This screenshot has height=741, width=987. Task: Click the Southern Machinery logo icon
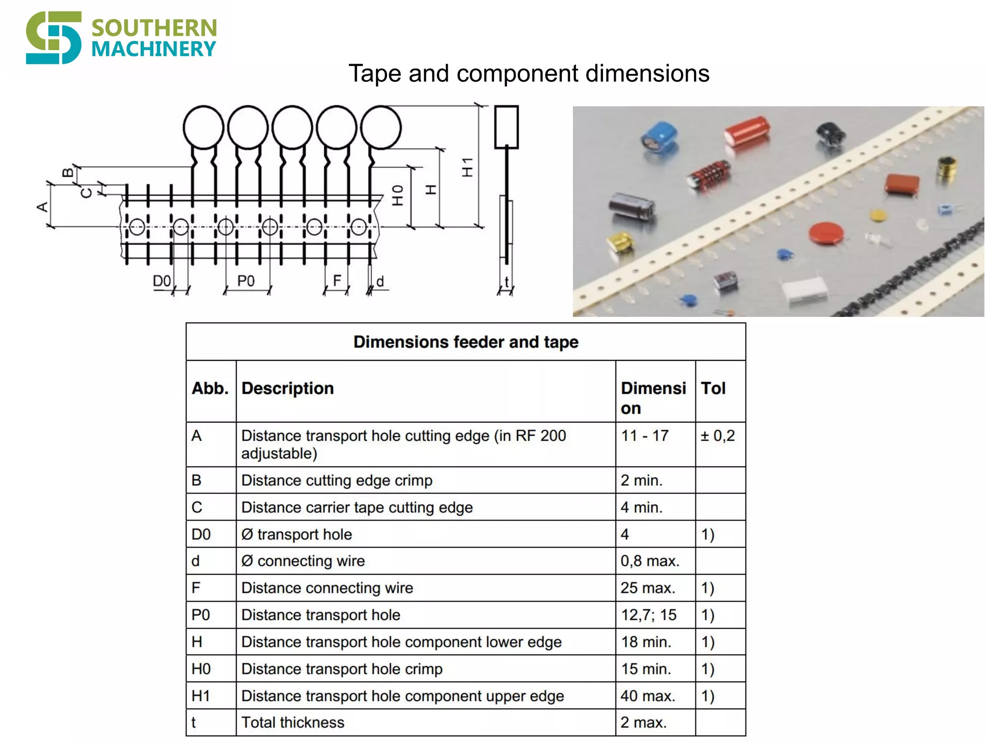point(53,38)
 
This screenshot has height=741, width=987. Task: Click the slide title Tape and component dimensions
point(529,74)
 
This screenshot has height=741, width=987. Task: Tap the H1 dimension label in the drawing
point(467,167)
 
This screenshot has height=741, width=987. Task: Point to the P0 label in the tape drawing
point(246,281)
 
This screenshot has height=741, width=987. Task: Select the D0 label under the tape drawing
point(162,281)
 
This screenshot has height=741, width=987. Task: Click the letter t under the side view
point(507,282)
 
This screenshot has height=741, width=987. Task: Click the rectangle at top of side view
point(507,127)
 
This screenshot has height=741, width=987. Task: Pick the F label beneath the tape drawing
point(337,280)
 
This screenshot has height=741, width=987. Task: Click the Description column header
point(288,388)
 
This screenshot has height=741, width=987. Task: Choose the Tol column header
point(713,388)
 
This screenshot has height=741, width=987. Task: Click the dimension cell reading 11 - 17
point(644,436)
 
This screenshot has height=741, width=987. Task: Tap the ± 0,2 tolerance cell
point(718,436)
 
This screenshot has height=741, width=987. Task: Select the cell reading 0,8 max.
point(650,561)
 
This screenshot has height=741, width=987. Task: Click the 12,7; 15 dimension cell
point(648,615)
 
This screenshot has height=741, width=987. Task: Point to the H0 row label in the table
point(201,669)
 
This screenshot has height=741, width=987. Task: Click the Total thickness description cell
point(293,723)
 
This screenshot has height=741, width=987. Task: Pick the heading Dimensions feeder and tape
point(466,342)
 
